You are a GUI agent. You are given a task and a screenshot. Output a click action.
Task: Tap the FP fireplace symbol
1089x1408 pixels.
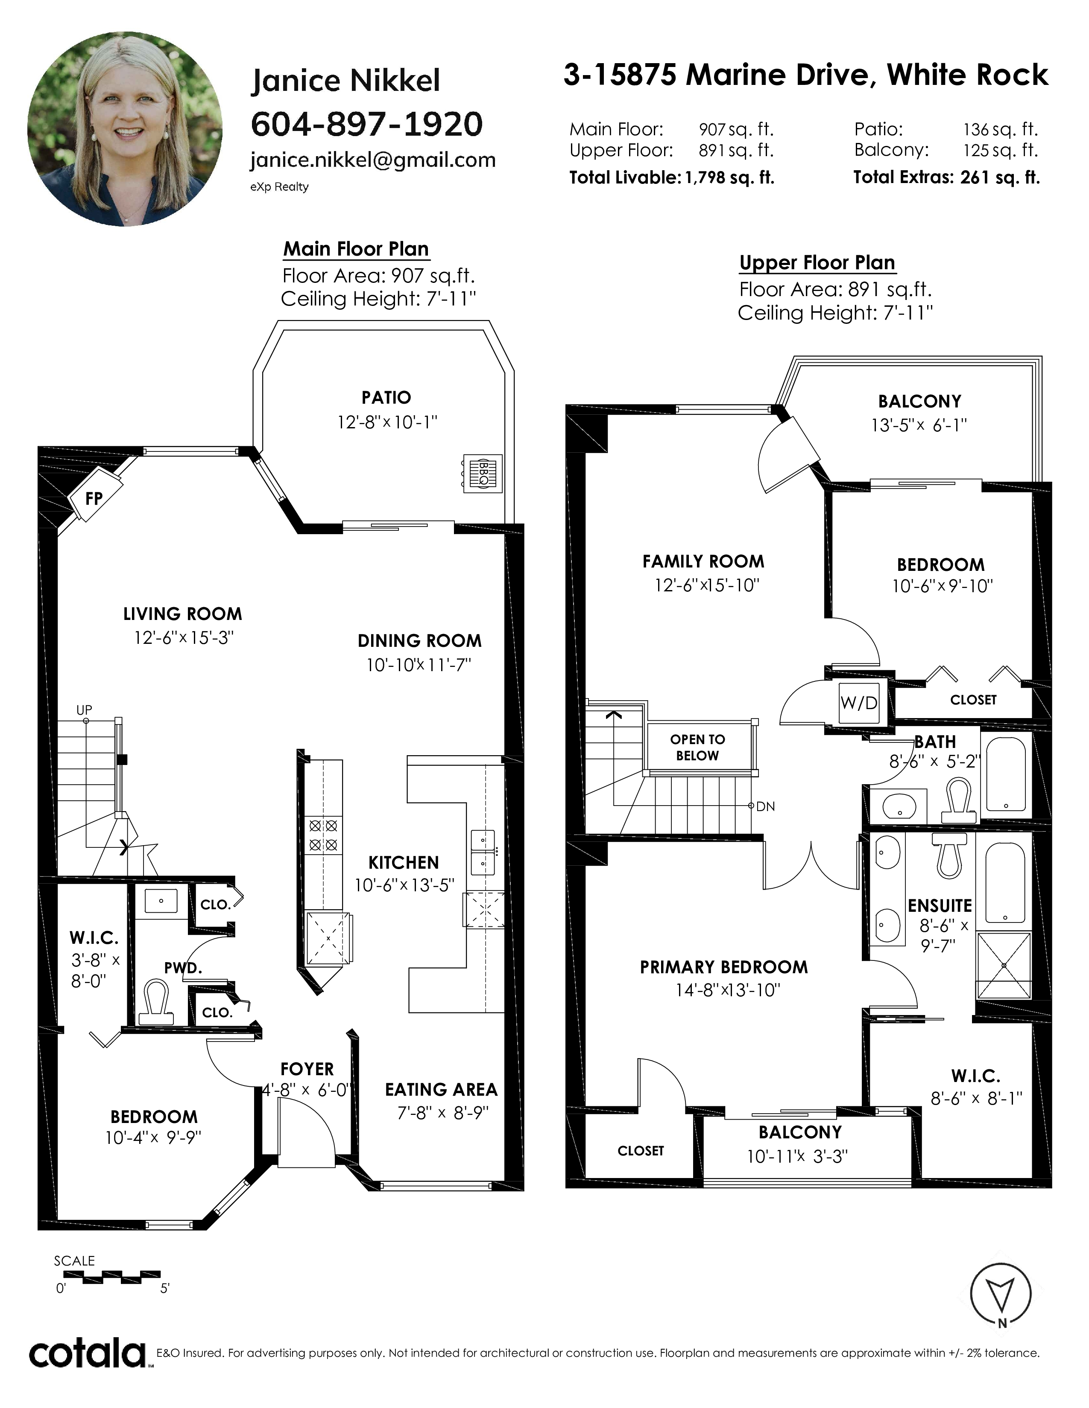click(x=95, y=497)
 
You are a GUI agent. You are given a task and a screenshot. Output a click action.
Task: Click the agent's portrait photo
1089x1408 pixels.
click(x=125, y=128)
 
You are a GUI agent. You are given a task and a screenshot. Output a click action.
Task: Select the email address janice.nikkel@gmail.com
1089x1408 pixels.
click(x=373, y=160)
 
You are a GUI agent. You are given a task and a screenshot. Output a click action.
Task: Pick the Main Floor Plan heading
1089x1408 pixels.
click(x=356, y=249)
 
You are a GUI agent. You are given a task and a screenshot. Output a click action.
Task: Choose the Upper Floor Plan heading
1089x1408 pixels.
click(x=817, y=263)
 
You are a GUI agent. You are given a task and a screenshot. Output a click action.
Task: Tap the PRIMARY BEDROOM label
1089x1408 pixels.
click(x=724, y=967)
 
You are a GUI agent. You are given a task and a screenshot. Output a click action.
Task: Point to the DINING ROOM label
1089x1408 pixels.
click(x=419, y=641)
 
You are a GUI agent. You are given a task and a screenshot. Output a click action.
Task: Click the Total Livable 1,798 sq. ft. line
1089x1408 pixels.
click(x=672, y=177)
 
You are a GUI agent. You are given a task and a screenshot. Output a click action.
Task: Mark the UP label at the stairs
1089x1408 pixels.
click(x=84, y=710)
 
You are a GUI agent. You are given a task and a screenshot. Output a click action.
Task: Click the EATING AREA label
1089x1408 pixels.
click(x=441, y=1090)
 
